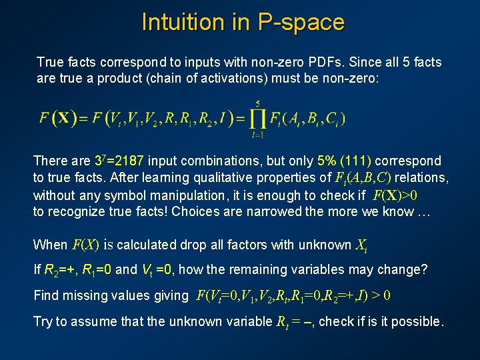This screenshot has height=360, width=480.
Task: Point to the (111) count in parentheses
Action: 357,161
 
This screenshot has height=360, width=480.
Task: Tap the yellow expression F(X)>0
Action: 396,195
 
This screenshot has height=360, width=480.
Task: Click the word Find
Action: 45,295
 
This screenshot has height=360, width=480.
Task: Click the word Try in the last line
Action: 43,321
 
